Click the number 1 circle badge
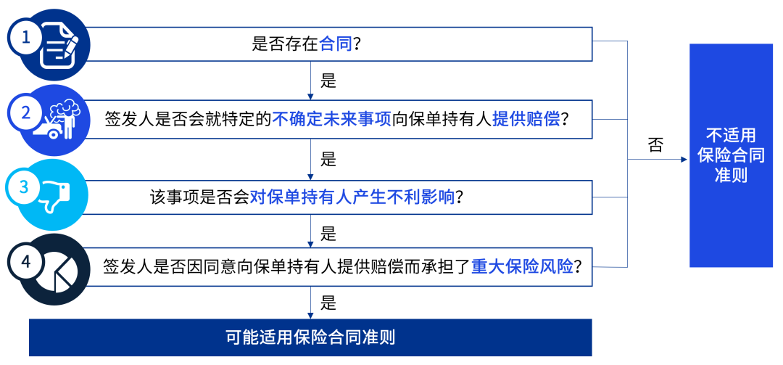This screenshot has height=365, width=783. (x=26, y=37)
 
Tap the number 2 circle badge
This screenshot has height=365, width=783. (x=26, y=112)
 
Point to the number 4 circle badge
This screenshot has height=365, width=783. (x=26, y=262)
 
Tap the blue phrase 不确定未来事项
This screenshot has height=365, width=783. (x=332, y=120)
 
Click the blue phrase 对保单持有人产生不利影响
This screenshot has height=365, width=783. (x=353, y=196)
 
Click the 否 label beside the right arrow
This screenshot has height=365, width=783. (x=655, y=144)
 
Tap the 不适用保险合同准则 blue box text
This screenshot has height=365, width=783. (x=731, y=155)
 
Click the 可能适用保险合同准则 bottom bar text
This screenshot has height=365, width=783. (x=310, y=337)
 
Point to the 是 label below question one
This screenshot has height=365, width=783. (x=328, y=81)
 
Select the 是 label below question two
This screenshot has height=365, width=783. (x=328, y=157)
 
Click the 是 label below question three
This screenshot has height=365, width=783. (x=328, y=234)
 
